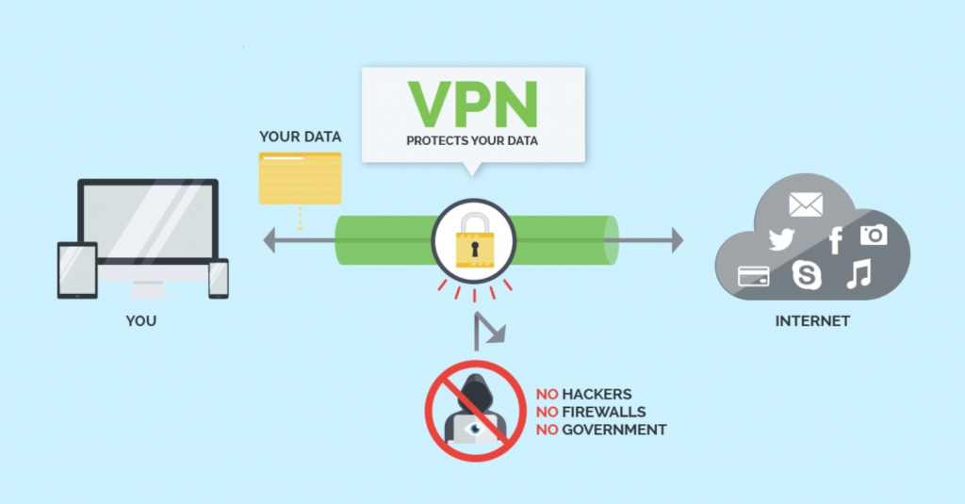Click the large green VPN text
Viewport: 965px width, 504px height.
(472, 106)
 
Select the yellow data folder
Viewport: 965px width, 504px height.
(300, 179)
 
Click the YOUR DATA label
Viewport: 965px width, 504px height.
(300, 137)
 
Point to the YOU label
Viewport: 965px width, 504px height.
(141, 321)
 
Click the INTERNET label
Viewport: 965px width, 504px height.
(812, 321)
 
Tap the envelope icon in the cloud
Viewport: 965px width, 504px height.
(806, 204)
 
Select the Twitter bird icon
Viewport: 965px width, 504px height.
(781, 239)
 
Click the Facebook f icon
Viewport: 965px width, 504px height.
(835, 240)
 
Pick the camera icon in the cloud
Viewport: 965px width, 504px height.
(874, 234)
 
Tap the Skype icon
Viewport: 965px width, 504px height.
(808, 275)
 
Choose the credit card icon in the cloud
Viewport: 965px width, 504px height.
(754, 275)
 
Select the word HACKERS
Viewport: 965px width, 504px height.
(597, 394)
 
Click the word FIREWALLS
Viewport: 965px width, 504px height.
(602, 412)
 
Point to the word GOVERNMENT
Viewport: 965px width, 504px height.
(613, 430)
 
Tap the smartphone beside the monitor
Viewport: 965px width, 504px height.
(219, 279)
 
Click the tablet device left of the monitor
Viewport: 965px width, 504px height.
(77, 270)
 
